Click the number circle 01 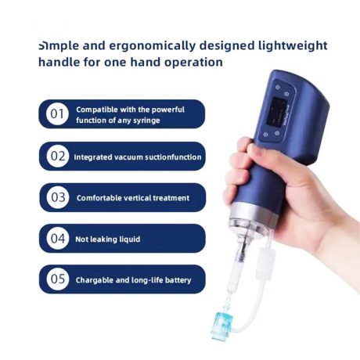(x=57, y=114)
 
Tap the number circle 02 (x=58, y=156)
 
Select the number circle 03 (x=58, y=197)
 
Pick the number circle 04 (x=58, y=238)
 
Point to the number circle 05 (x=58, y=279)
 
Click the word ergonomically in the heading (x=152, y=46)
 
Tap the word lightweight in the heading (x=293, y=45)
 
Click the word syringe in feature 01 (x=146, y=121)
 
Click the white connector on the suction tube (x=265, y=264)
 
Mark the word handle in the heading (x=59, y=62)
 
